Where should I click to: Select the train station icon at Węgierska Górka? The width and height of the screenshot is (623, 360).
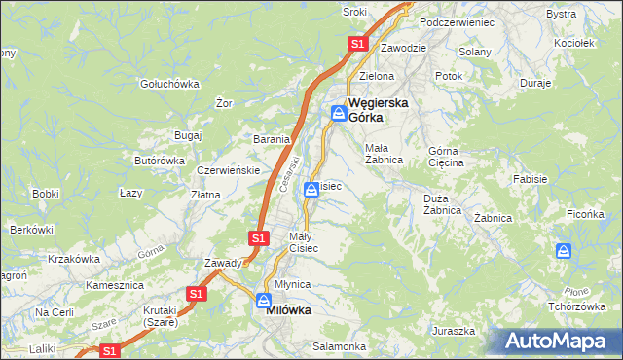coord(337,112)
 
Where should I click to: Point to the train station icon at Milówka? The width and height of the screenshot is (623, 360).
coord(263,300)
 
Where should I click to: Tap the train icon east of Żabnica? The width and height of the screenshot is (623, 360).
coord(564,251)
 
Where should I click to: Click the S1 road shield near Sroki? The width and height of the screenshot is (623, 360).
coord(357,44)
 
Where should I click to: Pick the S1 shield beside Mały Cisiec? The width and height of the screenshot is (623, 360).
coord(258,237)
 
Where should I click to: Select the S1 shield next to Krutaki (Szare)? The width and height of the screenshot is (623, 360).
coord(197,293)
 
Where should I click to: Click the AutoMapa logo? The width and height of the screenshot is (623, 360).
coord(559,342)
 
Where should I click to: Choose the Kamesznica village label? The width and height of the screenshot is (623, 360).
coord(115,286)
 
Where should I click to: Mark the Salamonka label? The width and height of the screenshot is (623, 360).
coord(339,346)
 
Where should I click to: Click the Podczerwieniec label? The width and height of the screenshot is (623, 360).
coord(457,21)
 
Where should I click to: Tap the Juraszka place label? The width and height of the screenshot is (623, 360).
coord(454,331)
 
